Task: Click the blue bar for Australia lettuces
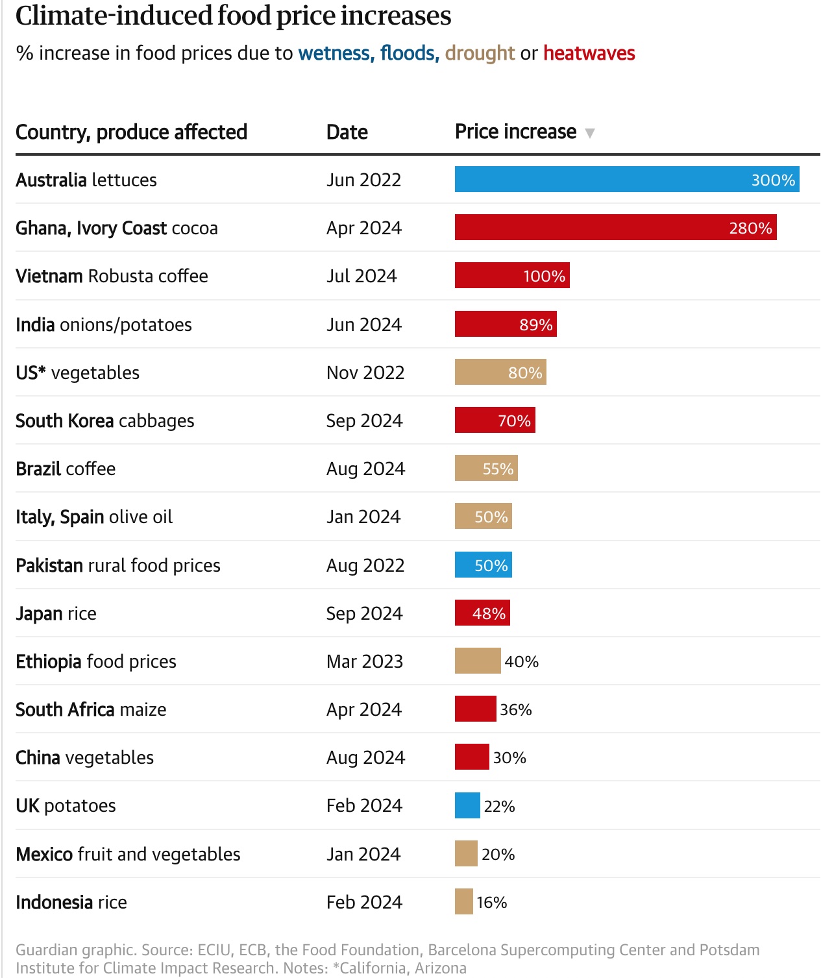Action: pyautogui.click(x=626, y=179)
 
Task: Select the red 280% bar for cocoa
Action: pyautogui.click(x=615, y=227)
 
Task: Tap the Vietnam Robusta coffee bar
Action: pyautogui.click(x=511, y=275)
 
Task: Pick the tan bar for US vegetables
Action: pyautogui.click(x=500, y=372)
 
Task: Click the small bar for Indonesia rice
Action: pyautogui.click(x=463, y=901)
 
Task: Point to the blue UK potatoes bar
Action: pyautogui.click(x=467, y=805)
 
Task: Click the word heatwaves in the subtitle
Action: pyautogui.click(x=589, y=53)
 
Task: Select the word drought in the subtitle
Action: pyautogui.click(x=480, y=53)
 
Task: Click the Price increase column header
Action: pyautogui.click(x=515, y=132)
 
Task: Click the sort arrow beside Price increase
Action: pyautogui.click(x=589, y=133)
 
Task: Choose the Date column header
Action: pyautogui.click(x=347, y=132)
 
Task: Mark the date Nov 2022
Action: pyautogui.click(x=365, y=373)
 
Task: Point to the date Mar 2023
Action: pyautogui.click(x=364, y=661)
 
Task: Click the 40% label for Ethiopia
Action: pyautogui.click(x=521, y=661)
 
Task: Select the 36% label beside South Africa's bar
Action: pyautogui.click(x=515, y=709)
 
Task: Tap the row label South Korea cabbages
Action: pyautogui.click(x=104, y=421)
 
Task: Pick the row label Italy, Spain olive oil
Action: pyautogui.click(x=94, y=517)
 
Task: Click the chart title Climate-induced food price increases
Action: pyautogui.click(x=233, y=16)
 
